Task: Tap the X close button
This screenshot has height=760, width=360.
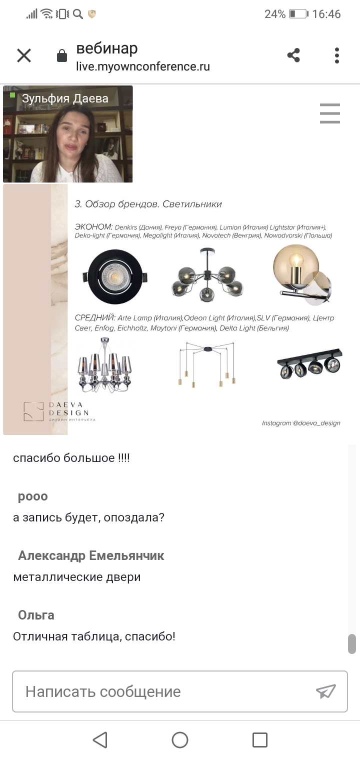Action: tap(24, 55)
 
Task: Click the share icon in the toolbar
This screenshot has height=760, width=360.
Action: tap(293, 55)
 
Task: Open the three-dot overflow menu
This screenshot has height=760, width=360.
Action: tap(336, 55)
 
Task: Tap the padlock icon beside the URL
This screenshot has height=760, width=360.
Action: tap(62, 55)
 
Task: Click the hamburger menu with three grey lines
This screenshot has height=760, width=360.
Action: tap(330, 113)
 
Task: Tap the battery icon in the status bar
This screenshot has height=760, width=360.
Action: tap(298, 14)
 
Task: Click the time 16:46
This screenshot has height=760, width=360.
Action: tap(326, 14)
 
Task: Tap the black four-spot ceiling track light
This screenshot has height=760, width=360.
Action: tap(310, 363)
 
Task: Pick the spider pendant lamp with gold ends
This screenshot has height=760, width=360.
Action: tap(207, 364)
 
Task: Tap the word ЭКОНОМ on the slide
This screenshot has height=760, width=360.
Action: tap(93, 226)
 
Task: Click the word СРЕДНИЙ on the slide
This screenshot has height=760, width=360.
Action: tap(95, 317)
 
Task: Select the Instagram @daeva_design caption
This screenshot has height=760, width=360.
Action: tap(301, 423)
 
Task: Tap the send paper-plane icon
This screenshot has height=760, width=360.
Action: tap(325, 691)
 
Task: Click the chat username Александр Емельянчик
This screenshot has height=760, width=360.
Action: tap(91, 555)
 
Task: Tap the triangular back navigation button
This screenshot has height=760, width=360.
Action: tap(100, 739)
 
